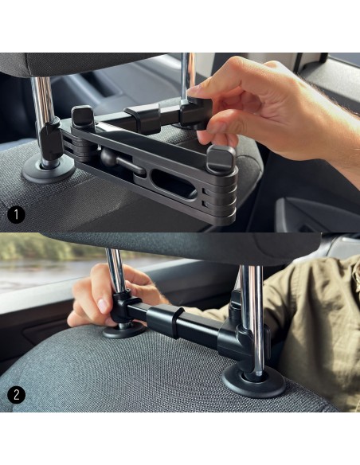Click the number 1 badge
pyautogui.click(x=16, y=214)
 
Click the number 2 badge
pyautogui.click(x=16, y=395)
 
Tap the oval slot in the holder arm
pyautogui.click(x=174, y=184)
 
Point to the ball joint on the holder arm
pyautogui.click(x=109, y=158)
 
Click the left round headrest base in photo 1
pyautogui.click(x=49, y=170)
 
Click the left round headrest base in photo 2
pyautogui.click(x=124, y=331)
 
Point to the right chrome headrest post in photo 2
pyautogui.click(x=252, y=320)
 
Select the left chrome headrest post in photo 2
pyautogui.click(x=116, y=272)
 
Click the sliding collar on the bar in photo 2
pyautogui.click(x=165, y=321)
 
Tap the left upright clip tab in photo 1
pyautogui.click(x=83, y=118)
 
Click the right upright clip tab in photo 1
pyautogui.click(x=221, y=158)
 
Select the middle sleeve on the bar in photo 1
pyautogui.click(x=143, y=118)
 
